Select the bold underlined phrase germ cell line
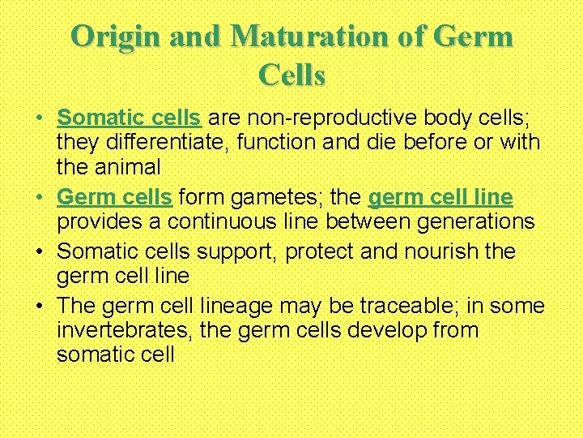pyautogui.click(x=440, y=196)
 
